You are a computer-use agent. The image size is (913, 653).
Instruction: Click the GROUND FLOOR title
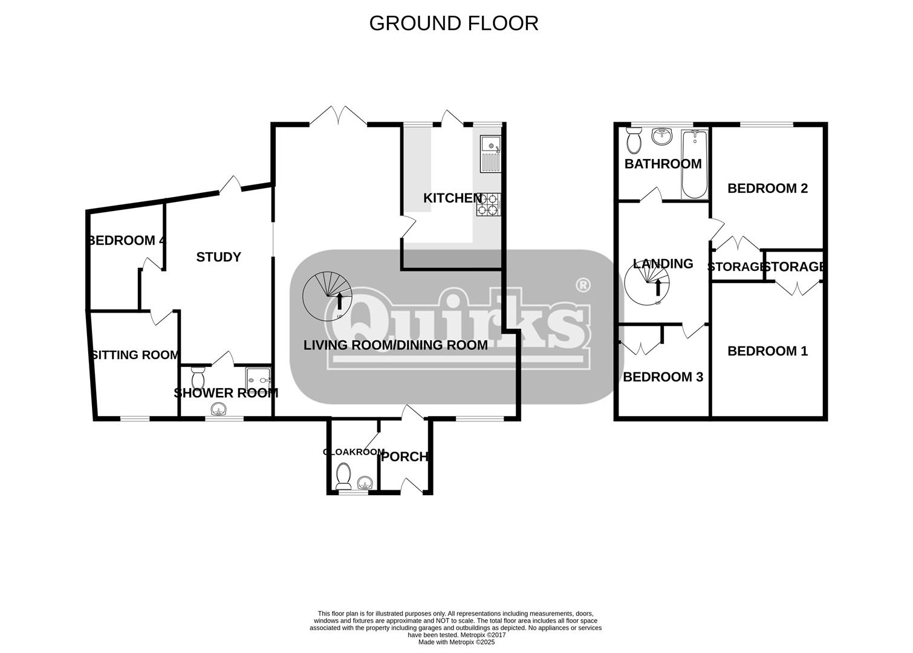pyautogui.click(x=453, y=24)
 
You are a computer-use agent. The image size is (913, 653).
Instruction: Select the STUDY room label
pyautogui.click(x=218, y=257)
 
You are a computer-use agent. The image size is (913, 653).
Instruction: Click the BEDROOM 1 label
pyautogui.click(x=767, y=351)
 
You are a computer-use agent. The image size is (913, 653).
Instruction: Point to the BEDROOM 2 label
pyautogui.click(x=767, y=188)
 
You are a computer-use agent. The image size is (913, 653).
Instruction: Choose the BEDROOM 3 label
pyautogui.click(x=663, y=377)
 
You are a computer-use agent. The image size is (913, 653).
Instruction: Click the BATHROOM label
pyautogui.click(x=663, y=164)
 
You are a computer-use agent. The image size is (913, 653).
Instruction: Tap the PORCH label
pyautogui.click(x=405, y=456)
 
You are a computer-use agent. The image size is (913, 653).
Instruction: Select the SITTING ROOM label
pyautogui.click(x=135, y=355)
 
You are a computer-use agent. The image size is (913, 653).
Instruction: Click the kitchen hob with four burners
pyautogui.click(x=489, y=204)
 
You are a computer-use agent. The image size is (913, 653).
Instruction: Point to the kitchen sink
pyautogui.click(x=491, y=154)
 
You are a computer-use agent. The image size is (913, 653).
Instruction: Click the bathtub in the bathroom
pyautogui.click(x=695, y=164)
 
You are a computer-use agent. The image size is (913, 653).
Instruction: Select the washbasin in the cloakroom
pyautogui.click(x=365, y=483)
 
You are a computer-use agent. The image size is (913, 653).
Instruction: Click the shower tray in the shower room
pyautogui.click(x=258, y=381)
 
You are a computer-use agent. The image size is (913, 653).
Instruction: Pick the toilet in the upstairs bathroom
pyautogui.click(x=634, y=140)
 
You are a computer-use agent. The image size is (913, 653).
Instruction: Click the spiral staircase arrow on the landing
pyautogui.click(x=658, y=287)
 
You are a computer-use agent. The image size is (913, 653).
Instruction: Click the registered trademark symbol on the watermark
pyautogui.click(x=583, y=285)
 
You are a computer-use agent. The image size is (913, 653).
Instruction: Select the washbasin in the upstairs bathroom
pyautogui.click(x=662, y=136)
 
